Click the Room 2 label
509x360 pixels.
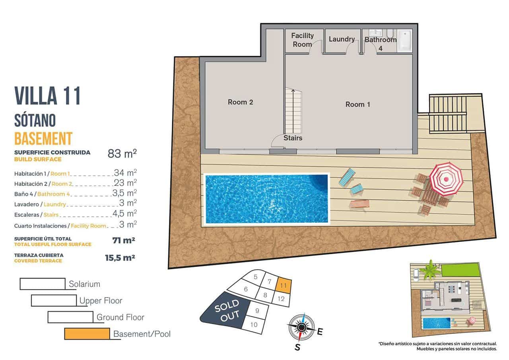coord(240,102)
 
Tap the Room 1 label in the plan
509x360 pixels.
coord(357,105)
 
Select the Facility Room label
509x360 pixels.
coord(302,40)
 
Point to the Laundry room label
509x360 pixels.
coord(342,39)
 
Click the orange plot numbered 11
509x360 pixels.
coord(284,285)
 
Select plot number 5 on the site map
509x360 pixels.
coord(256,277)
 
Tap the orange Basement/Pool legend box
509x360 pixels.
coord(87,334)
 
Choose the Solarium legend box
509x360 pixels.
coord(42,284)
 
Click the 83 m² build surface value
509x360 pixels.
coord(122,153)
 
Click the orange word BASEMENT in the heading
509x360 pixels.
coord(43,138)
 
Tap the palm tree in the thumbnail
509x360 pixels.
coord(430,270)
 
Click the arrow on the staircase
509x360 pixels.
coord(293,95)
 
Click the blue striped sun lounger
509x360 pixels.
coord(347,177)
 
